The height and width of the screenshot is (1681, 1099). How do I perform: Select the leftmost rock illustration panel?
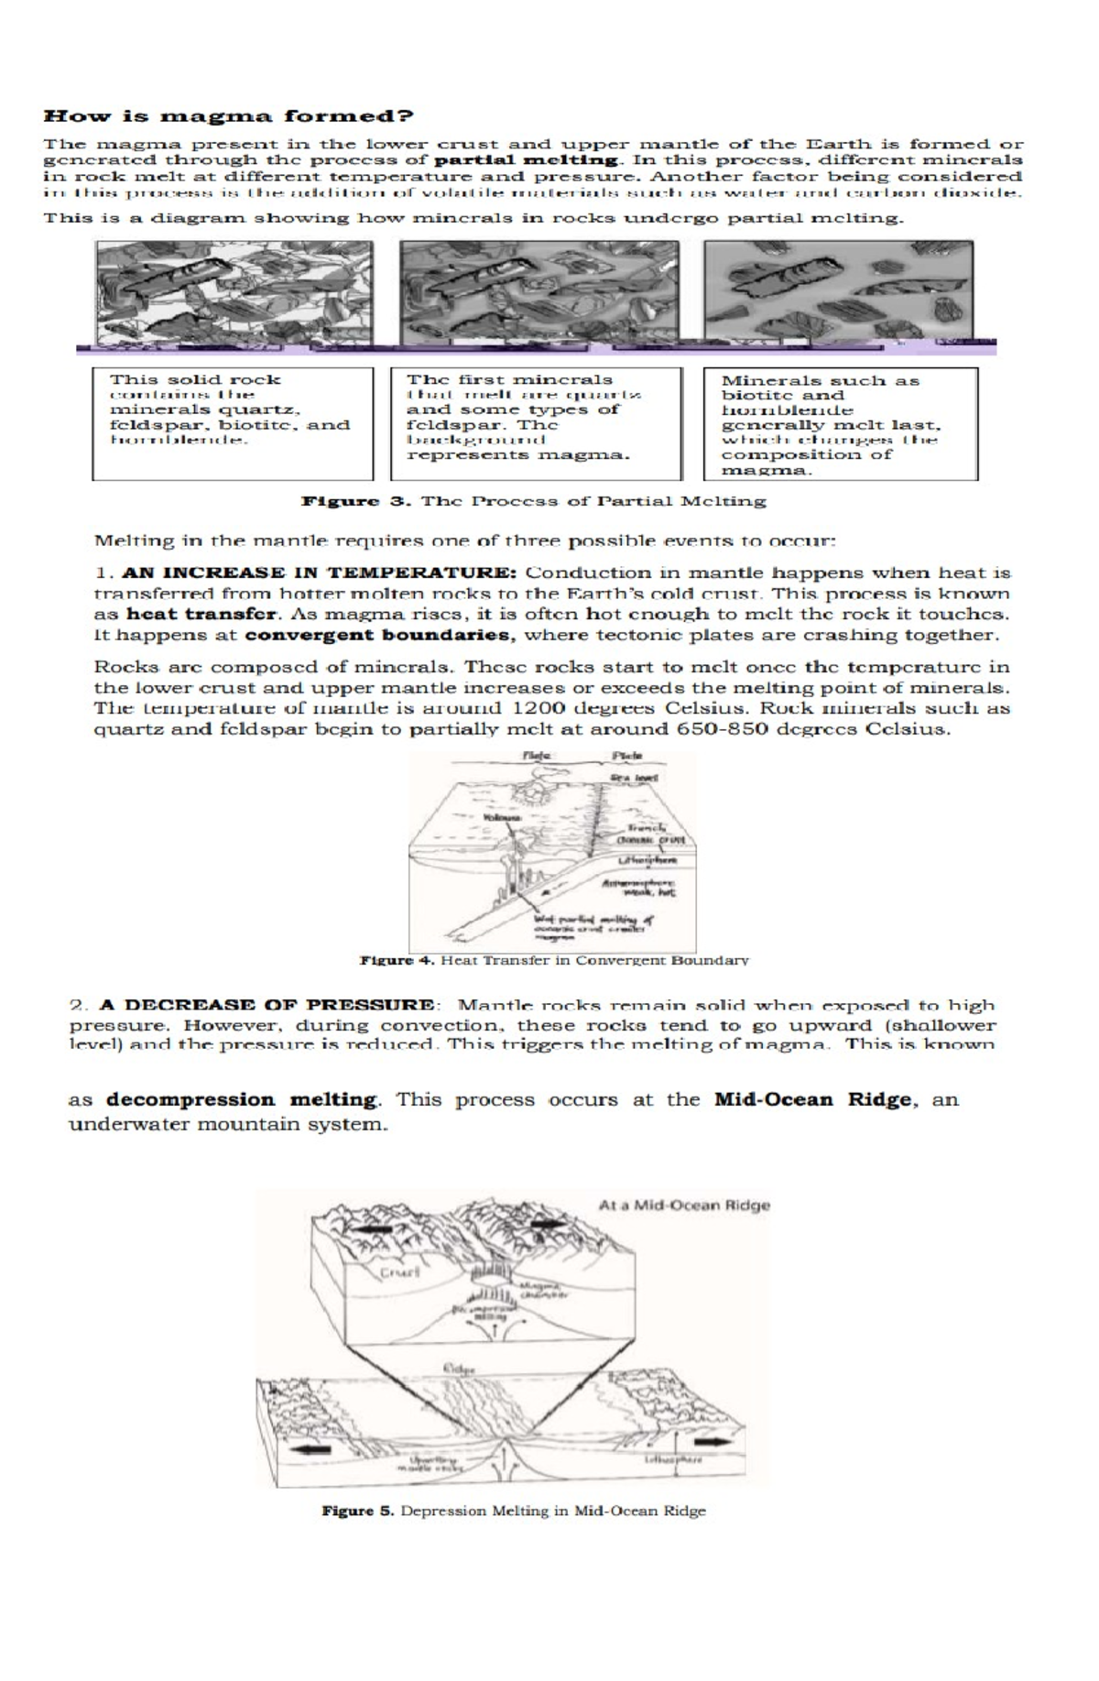coord(234,291)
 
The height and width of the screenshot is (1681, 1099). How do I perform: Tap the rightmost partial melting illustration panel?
coord(838,291)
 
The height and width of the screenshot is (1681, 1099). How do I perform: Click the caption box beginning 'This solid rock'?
coord(233,423)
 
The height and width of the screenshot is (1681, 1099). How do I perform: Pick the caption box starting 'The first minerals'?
coord(536,423)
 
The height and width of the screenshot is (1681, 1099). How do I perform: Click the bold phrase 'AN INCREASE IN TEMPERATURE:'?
coord(320,573)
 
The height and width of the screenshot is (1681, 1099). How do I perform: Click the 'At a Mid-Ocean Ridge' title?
coord(683,1206)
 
